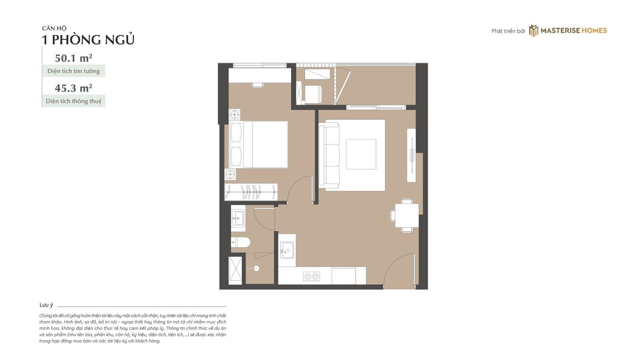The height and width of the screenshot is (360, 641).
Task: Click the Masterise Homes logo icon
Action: tap(533, 30)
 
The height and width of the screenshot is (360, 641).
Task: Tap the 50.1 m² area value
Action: tap(74, 58)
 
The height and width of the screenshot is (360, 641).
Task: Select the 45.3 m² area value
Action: tap(74, 88)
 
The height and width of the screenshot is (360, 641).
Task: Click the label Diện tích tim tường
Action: tap(74, 71)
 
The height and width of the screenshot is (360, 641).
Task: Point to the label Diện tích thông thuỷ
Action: tap(74, 101)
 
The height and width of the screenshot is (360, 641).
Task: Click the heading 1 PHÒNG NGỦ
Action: tap(88, 40)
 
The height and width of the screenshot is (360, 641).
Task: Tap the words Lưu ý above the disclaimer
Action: tap(46, 305)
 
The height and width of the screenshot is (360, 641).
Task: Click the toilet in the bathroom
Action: tap(240, 242)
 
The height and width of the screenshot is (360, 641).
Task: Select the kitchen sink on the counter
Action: tap(287, 250)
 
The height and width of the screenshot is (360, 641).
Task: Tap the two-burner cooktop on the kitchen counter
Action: tap(311, 276)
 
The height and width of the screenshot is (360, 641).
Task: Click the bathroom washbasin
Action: tap(238, 218)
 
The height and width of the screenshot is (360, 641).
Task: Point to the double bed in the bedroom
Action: tap(259, 144)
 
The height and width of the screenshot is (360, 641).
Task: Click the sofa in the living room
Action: tap(329, 155)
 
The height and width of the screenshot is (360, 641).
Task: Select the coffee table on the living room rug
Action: tap(361, 154)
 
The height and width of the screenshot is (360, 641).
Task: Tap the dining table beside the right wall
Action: tap(407, 216)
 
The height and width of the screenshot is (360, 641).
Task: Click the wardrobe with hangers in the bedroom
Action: tap(251, 192)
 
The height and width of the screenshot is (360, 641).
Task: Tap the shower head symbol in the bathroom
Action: tap(256, 268)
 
